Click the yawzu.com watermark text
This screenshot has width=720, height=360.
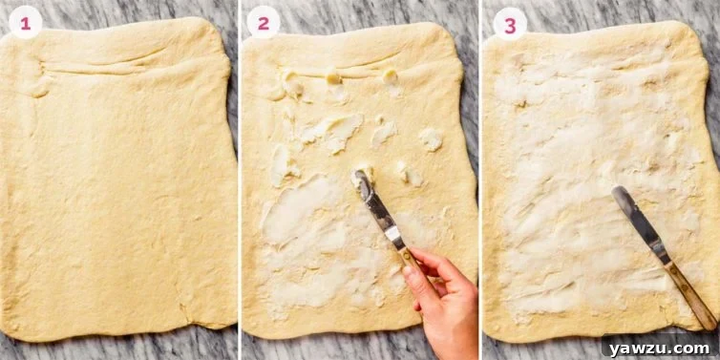click(659, 349)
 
